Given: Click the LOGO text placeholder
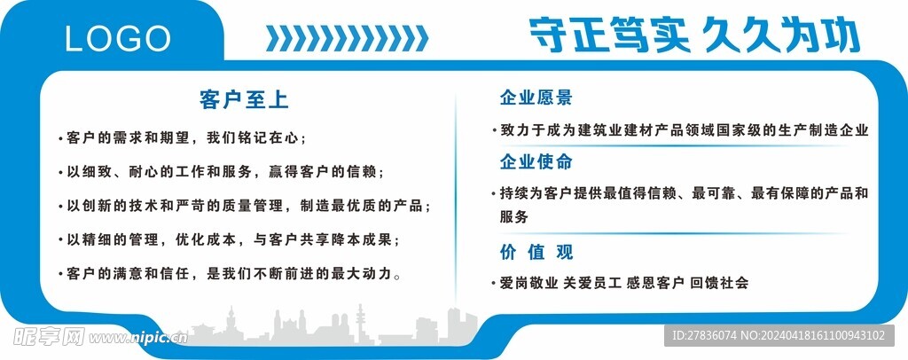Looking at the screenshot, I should point(118,38).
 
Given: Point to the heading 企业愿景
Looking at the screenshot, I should point(536,98).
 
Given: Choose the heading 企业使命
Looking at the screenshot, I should point(536,161).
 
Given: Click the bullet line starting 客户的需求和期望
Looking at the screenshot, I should point(187,138).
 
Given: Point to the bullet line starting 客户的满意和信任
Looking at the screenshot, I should point(233,273).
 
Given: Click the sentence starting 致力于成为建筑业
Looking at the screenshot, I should point(684,130).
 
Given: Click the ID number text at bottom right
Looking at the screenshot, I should point(779,335).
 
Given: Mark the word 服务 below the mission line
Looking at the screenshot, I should point(514,216).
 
